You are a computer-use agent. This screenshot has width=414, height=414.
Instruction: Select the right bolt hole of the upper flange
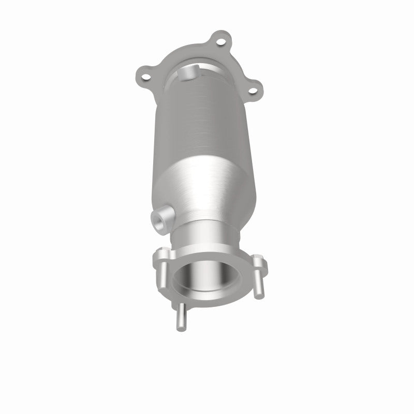tap(254, 91)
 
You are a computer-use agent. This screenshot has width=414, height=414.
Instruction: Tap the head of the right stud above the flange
tap(257, 259)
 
